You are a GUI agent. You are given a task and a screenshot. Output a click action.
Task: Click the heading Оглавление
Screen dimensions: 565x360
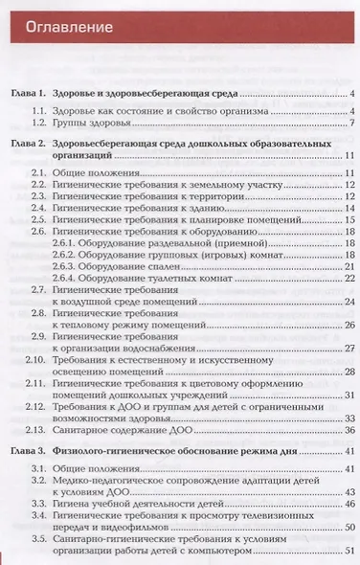point(68,26)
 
